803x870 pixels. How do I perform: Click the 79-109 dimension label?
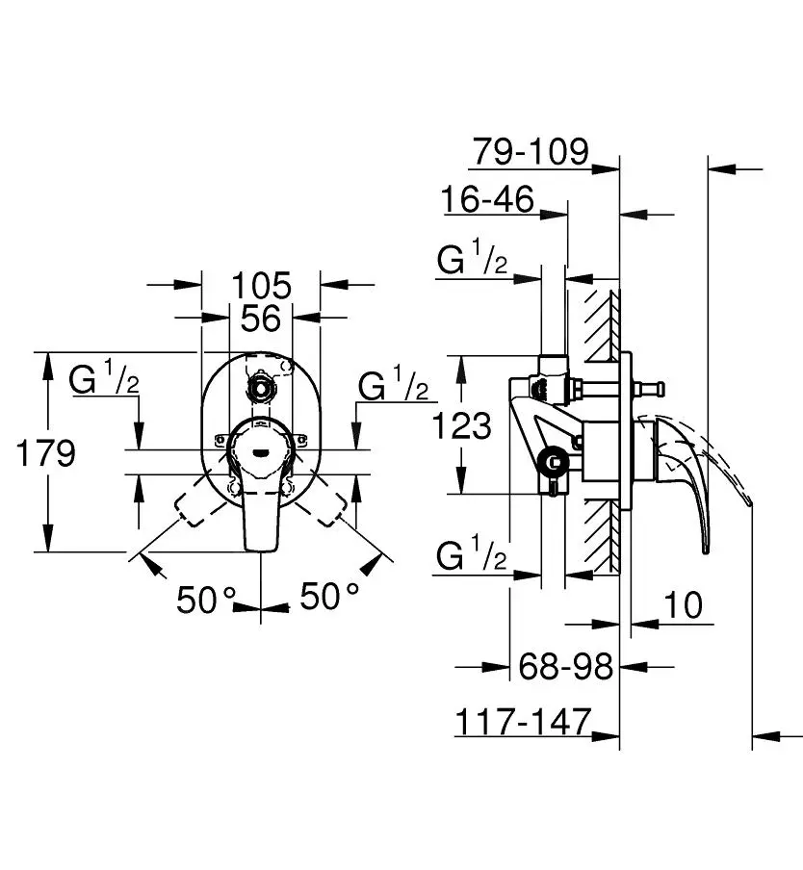(530, 151)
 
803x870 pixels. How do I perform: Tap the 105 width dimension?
(261, 285)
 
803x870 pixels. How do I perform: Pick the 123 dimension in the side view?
(463, 424)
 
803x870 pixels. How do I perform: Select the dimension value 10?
(683, 605)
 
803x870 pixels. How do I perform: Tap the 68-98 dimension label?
(565, 665)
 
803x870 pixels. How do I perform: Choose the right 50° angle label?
(328, 597)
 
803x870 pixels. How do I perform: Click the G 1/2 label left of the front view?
(105, 381)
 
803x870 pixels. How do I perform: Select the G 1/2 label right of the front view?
(393, 386)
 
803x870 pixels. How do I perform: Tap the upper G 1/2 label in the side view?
(472, 261)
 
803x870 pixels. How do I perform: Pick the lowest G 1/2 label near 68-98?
(472, 556)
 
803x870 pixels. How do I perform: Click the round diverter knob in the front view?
(259, 389)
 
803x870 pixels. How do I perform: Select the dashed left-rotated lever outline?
(202, 500)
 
